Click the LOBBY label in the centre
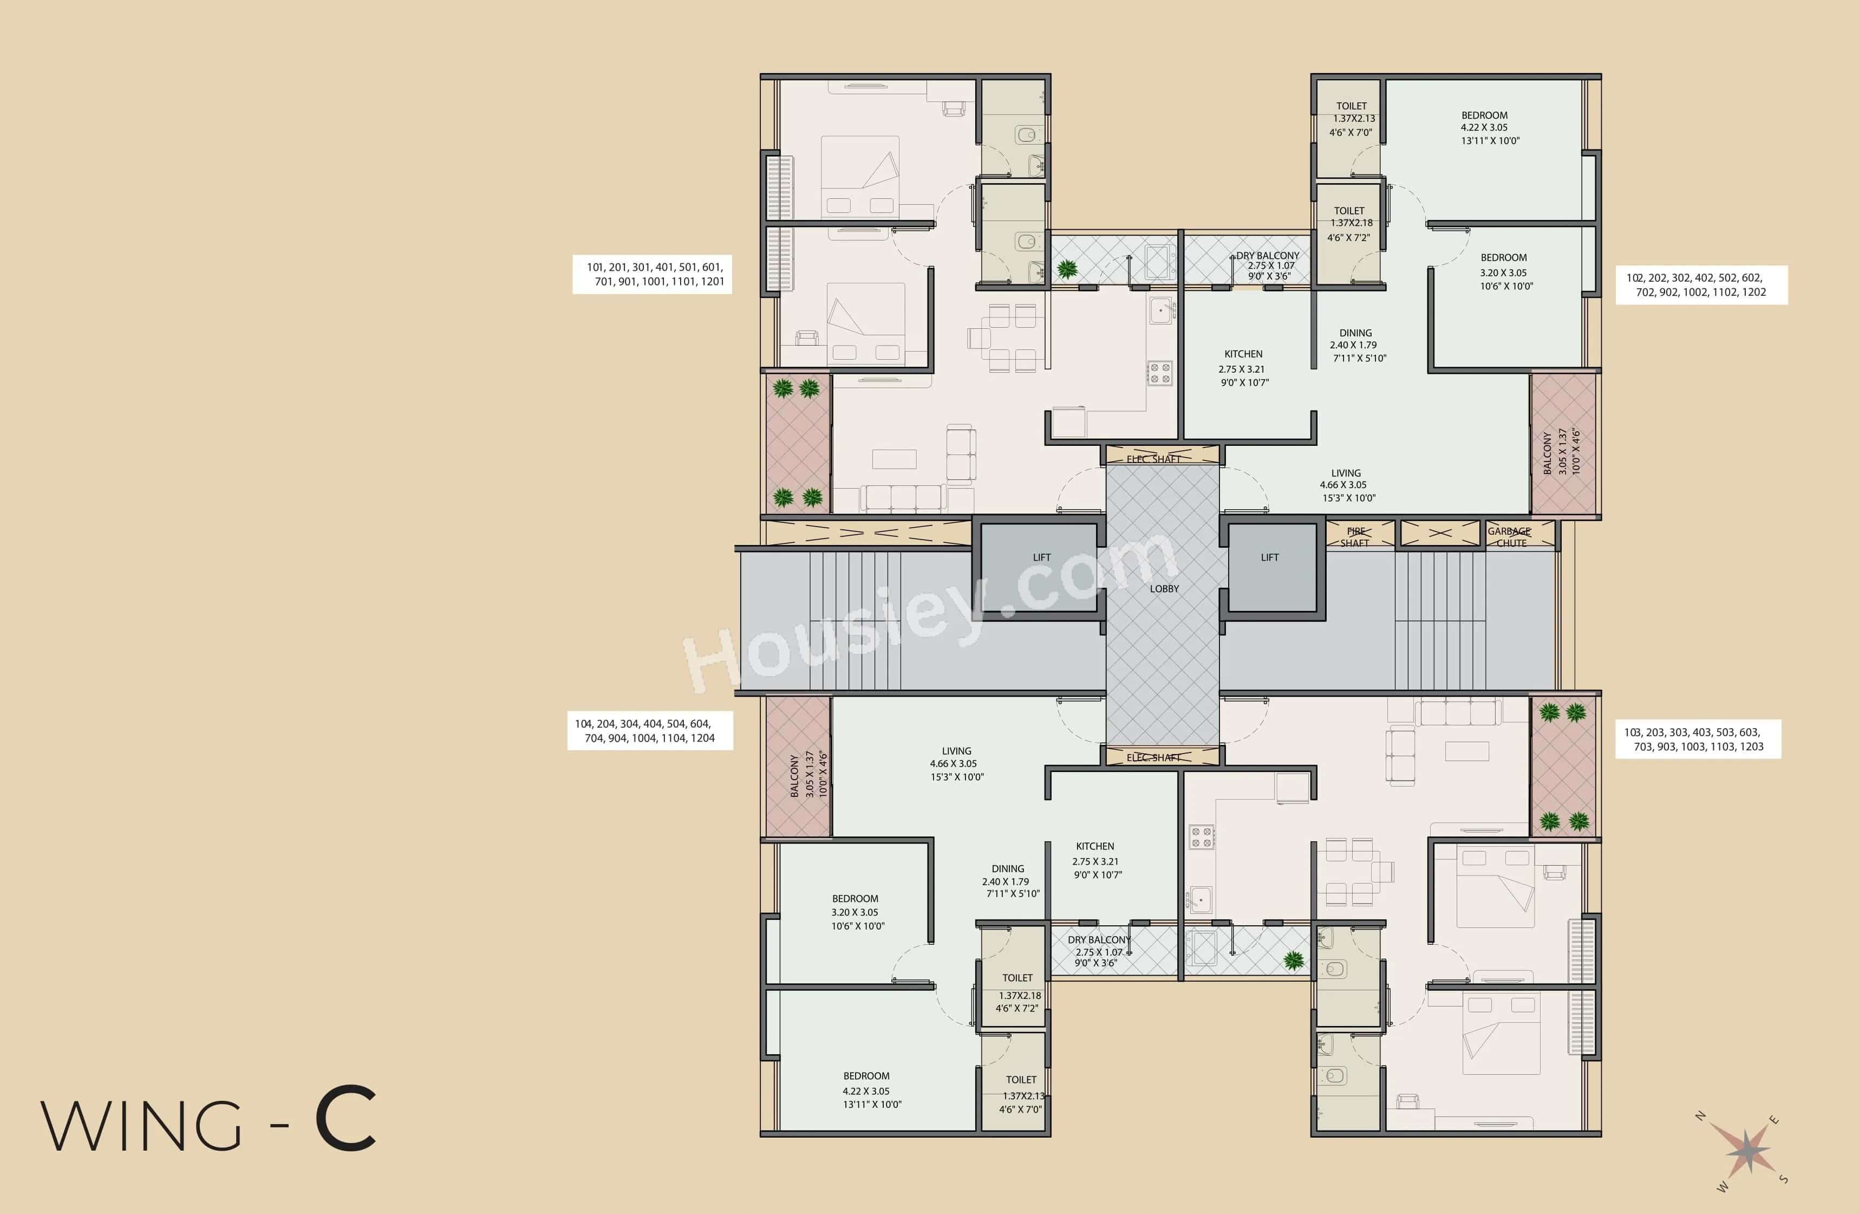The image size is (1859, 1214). pos(1164,589)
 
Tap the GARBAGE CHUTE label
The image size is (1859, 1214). pos(1509,537)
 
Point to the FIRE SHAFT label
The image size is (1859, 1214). pos(1355,537)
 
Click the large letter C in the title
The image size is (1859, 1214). pos(345,1120)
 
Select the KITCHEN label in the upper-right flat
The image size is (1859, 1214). pos(1243,354)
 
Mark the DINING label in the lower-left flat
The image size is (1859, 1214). pos(1008,869)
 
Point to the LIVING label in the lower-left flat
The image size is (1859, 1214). pos(956,751)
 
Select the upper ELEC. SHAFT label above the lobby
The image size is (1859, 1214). pos(1153,459)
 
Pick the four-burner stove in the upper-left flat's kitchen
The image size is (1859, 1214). pos(1159,373)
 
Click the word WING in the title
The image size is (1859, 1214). pos(141,1125)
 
